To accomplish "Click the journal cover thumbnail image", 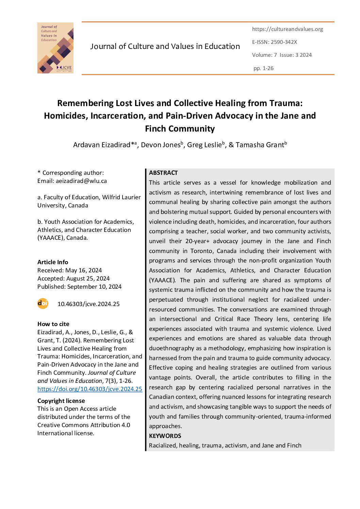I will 55,48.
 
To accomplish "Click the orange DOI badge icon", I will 43,303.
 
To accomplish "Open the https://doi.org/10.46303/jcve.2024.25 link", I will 90,389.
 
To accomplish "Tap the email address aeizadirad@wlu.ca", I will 81,181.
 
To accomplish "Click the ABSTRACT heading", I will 163,173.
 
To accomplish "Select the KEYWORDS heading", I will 165,436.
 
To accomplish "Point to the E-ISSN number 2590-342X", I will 284,42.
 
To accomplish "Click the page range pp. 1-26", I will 263,68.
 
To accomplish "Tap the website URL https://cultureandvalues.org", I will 288,29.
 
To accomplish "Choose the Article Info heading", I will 53,262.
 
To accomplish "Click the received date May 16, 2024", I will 83,270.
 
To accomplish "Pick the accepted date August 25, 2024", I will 88,278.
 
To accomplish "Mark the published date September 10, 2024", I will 94,287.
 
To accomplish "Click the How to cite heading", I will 53,324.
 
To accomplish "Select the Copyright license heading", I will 61,401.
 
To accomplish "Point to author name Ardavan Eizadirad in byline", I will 102,145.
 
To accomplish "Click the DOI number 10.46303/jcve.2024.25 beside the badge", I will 88,304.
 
